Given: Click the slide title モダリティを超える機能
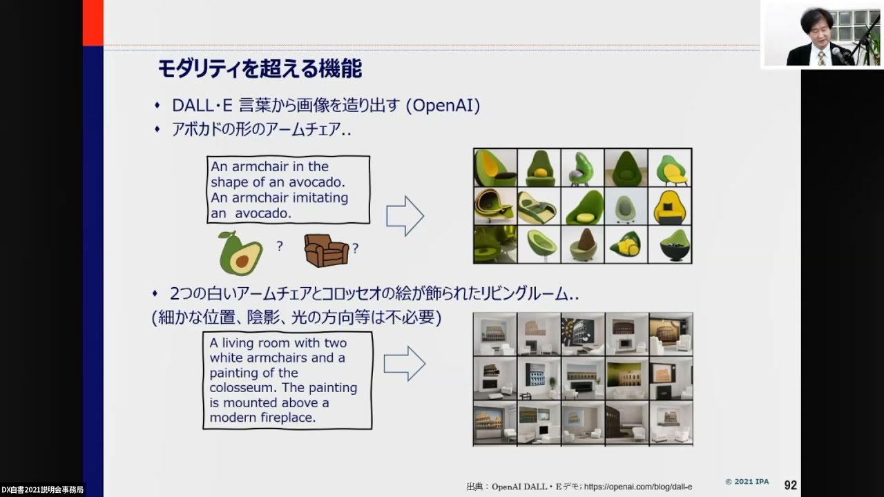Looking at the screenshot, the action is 260,69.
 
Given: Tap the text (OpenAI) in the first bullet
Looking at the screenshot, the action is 443,106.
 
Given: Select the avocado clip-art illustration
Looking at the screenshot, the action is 240,253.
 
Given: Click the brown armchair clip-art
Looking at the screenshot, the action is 327,251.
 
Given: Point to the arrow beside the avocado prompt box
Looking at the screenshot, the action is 405,216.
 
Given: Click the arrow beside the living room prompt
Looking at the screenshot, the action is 405,364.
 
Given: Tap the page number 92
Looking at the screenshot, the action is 791,485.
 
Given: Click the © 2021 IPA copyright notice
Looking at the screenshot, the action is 747,482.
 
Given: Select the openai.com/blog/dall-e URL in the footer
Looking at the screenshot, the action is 638,487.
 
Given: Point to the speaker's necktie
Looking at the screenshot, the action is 821,58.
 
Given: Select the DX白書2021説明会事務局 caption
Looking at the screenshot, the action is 42,490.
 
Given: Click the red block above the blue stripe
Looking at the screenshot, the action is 93,23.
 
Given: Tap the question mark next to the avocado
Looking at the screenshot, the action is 280,246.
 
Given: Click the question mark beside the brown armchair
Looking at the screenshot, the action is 355,248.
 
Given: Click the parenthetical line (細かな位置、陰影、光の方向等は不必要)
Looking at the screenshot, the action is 296,318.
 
